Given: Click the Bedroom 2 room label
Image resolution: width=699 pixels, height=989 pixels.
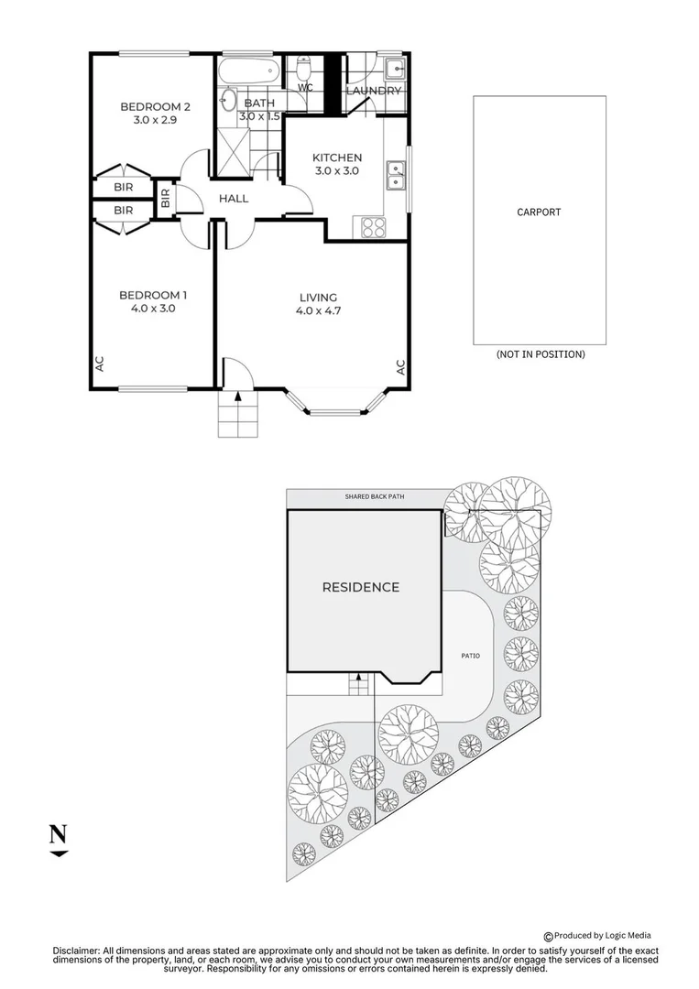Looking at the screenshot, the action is (x=155, y=106).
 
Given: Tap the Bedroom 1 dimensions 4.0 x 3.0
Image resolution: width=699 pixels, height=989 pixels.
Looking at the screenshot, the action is (x=153, y=309).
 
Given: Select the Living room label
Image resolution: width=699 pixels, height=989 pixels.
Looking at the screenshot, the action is (x=318, y=297).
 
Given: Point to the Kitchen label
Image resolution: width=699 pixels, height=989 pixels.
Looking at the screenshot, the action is (x=337, y=158).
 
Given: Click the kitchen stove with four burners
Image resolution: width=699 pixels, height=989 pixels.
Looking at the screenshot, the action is (x=373, y=227).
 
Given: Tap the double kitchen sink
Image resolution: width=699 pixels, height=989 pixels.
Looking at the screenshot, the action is (x=396, y=175).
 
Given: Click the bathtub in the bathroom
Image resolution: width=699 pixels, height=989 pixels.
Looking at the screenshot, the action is (x=248, y=71).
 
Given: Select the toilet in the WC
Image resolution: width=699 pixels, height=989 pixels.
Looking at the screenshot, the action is (x=305, y=66).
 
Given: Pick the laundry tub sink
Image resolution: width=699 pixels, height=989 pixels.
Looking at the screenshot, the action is (x=396, y=68).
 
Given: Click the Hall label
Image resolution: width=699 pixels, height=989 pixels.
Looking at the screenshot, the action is (x=234, y=199).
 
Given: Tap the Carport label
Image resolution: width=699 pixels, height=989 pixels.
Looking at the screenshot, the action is (x=539, y=212).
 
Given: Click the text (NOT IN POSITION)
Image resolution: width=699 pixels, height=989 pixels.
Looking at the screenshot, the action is (x=541, y=354).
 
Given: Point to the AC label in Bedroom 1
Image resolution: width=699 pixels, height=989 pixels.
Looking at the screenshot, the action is (x=99, y=364).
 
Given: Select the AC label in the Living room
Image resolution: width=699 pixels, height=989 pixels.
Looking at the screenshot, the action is (x=400, y=367).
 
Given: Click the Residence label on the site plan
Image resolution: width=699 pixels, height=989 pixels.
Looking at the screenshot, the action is (x=361, y=587).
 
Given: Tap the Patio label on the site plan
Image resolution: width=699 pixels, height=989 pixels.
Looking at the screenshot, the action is (x=471, y=656).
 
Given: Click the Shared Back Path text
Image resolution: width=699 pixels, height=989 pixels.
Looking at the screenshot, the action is (x=375, y=497).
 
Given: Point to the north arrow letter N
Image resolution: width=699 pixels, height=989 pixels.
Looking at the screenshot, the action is (x=58, y=834).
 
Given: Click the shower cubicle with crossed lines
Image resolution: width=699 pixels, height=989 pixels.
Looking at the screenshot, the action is (x=234, y=152).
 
